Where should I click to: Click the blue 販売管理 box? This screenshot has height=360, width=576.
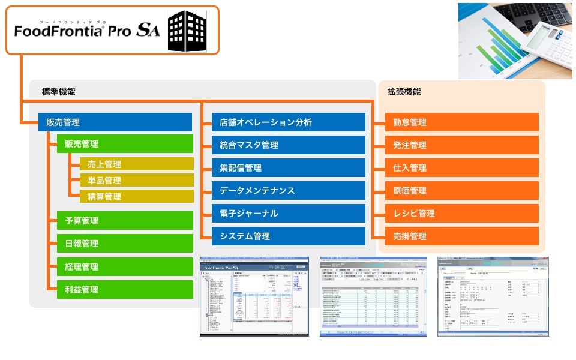(x=115, y=122)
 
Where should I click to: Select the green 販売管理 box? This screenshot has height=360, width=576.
(x=125, y=144)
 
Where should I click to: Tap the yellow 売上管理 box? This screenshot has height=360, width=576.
(x=136, y=164)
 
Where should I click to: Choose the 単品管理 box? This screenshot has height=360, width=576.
(x=136, y=180)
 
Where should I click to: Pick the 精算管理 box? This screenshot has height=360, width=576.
(x=136, y=196)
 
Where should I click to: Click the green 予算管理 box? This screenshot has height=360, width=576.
(x=125, y=221)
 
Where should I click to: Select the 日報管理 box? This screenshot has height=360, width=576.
(x=125, y=244)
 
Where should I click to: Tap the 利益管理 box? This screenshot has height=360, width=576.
(x=125, y=290)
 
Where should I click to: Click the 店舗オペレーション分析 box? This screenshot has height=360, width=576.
(x=288, y=122)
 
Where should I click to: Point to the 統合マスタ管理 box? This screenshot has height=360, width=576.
(x=288, y=145)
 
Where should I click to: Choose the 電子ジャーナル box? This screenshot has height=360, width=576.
(x=288, y=214)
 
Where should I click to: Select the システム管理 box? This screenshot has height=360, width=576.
(x=288, y=236)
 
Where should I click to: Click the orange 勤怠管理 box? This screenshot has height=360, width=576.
(x=461, y=122)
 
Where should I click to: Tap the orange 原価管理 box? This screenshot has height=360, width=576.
(x=461, y=191)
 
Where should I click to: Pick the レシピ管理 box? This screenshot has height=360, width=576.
(x=461, y=214)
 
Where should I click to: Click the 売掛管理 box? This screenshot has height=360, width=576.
(x=461, y=236)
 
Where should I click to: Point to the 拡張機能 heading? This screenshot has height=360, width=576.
(x=404, y=92)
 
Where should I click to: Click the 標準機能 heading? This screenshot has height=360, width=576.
(x=59, y=92)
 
